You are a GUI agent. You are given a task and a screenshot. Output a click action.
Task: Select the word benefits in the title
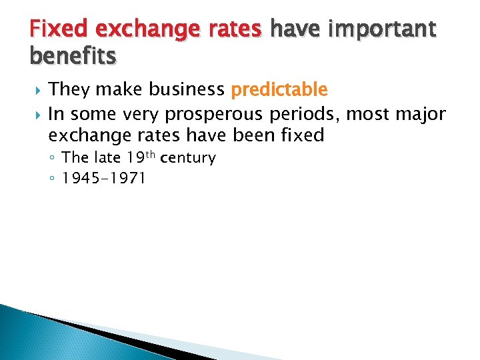click(73, 57)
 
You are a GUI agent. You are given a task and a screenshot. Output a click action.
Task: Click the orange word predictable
click(279, 89)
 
